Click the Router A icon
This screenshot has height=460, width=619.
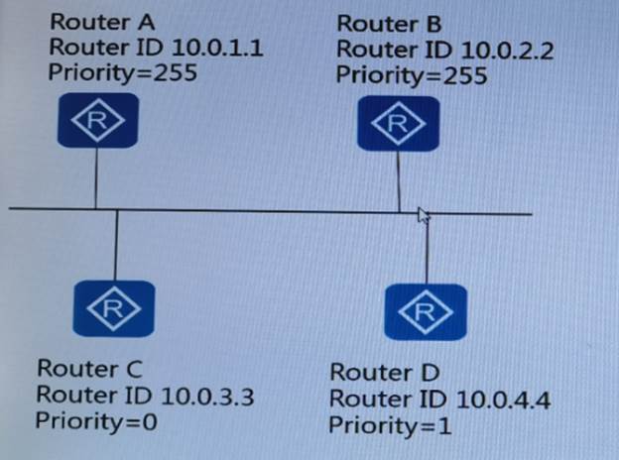(x=96, y=123)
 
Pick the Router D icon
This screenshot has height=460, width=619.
(x=427, y=311)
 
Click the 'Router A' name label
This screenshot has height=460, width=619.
(x=95, y=21)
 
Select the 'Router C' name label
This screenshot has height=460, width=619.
(x=88, y=369)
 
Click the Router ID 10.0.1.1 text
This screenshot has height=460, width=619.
(x=156, y=46)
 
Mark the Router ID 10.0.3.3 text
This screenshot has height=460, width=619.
(x=145, y=395)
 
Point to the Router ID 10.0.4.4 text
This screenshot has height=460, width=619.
(x=439, y=400)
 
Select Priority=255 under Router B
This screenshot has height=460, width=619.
(x=411, y=74)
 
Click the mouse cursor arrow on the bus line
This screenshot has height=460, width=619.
(x=424, y=216)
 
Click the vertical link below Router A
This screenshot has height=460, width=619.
(x=95, y=178)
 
